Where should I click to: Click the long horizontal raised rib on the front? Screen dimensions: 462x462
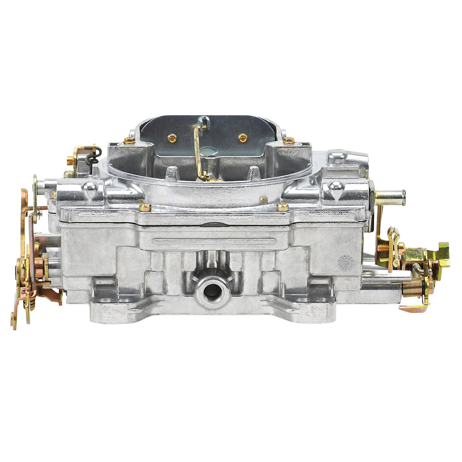216,240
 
